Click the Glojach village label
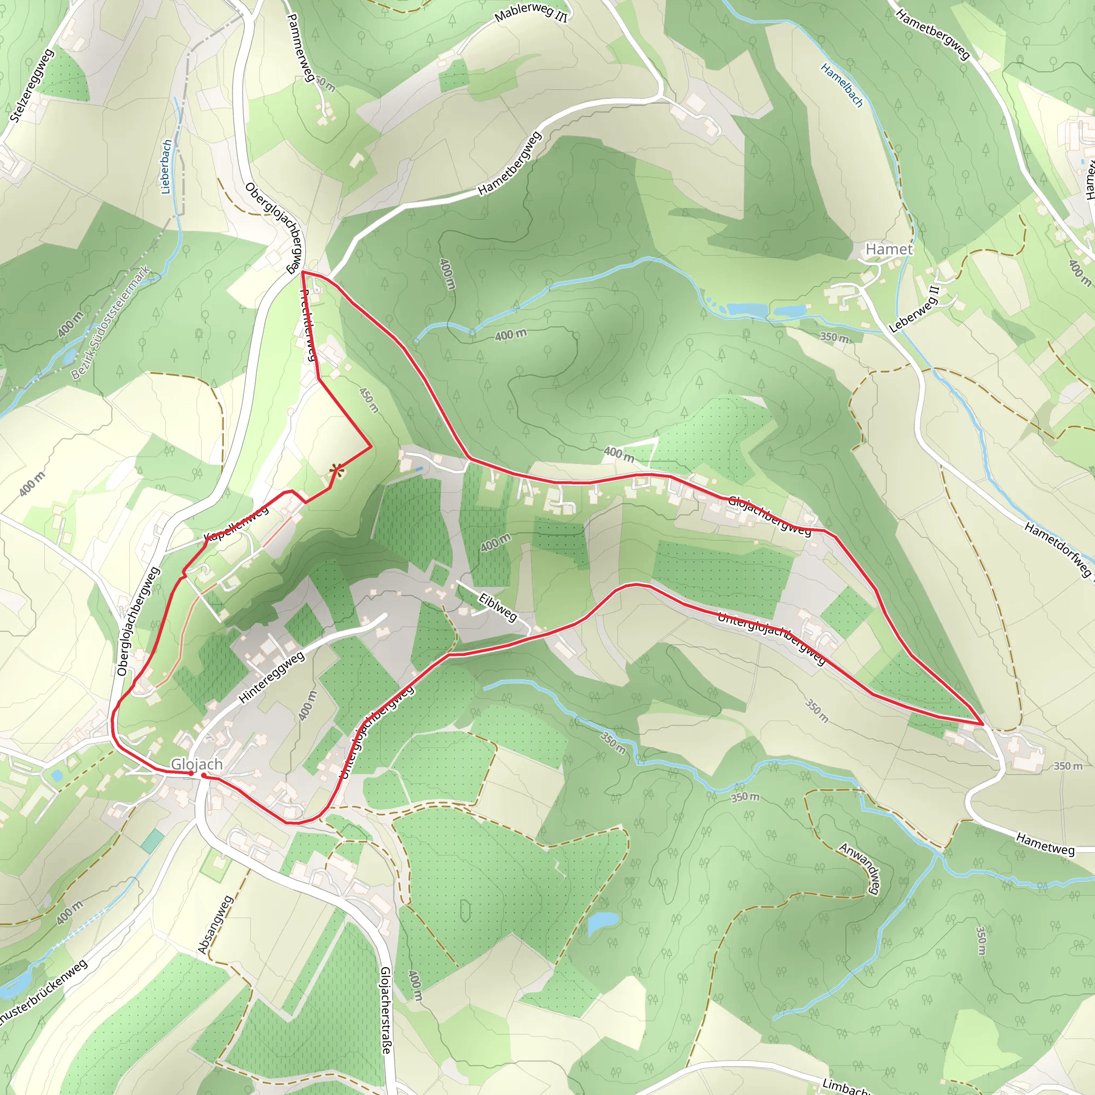coord(197,765)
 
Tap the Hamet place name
coord(889,249)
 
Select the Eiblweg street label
coord(498,607)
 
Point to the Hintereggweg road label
coord(272,678)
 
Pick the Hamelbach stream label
coord(842,85)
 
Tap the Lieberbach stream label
coord(166,167)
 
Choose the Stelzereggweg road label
coord(32,86)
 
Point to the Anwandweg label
coord(861,869)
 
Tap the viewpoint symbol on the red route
coord(336,470)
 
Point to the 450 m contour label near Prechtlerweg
coord(368,400)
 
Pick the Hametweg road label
coord(1045,844)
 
